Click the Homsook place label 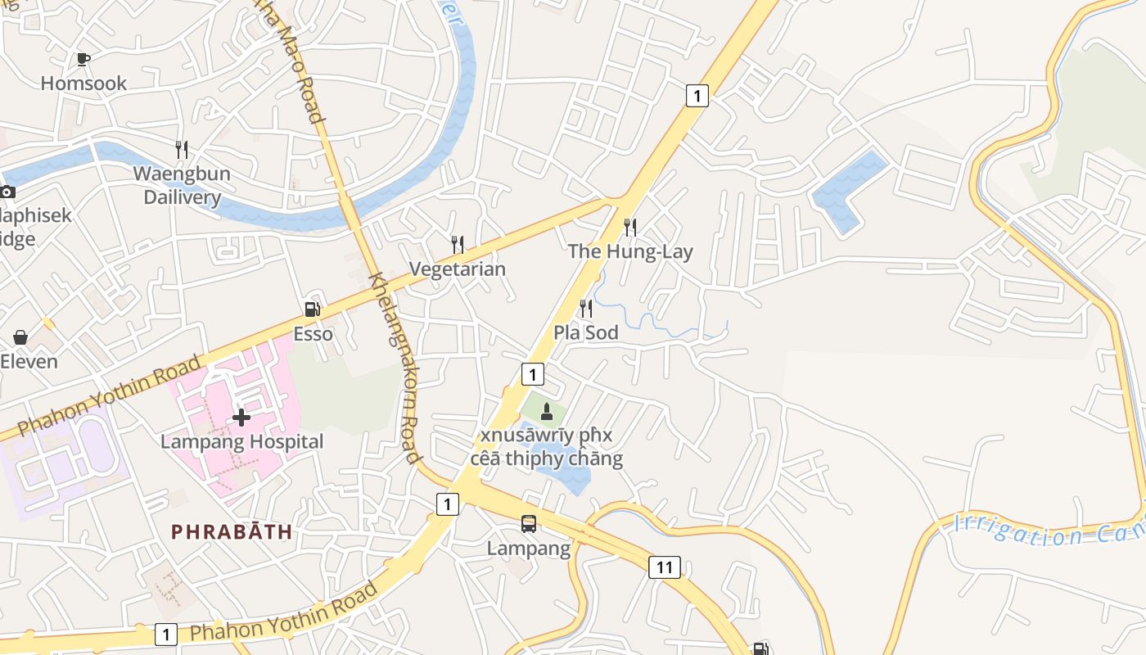[x=83, y=83]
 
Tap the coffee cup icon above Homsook [x=83, y=59]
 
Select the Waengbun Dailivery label [x=182, y=185]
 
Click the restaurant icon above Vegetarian [x=458, y=244]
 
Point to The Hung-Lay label [x=630, y=251]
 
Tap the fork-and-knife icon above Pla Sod [x=586, y=309]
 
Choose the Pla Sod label [x=586, y=333]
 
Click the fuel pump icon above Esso [x=312, y=309]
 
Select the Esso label [x=314, y=334]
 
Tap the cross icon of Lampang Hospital [x=241, y=418]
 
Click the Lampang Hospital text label [x=242, y=442]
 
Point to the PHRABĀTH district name [x=232, y=531]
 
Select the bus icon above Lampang [x=529, y=524]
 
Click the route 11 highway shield [x=665, y=567]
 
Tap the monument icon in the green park [x=547, y=410]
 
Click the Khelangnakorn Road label [x=395, y=368]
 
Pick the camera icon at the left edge [x=7, y=192]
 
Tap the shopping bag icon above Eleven [x=20, y=337]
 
